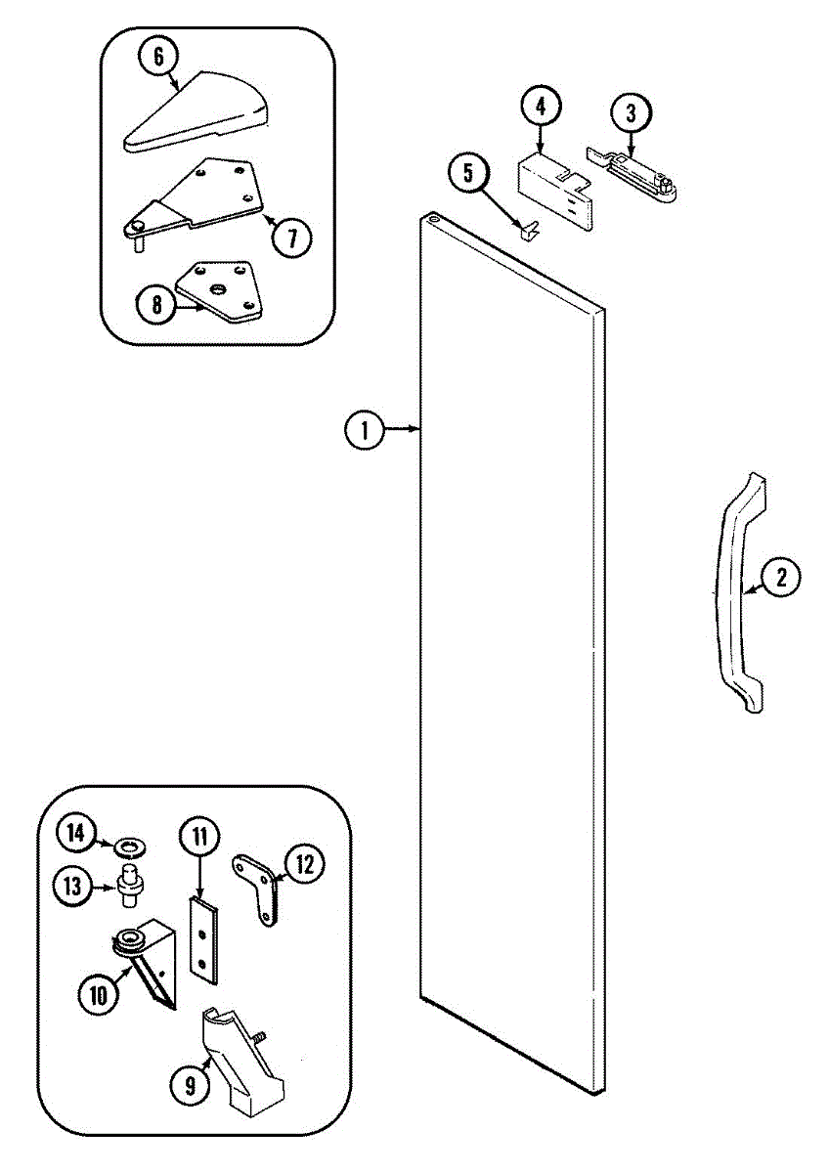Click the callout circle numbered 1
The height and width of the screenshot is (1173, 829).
pos(364,429)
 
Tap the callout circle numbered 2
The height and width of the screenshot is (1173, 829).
pos(781,577)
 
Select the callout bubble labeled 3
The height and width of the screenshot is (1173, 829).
pos(631,112)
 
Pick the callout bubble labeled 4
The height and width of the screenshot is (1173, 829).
pos(541,104)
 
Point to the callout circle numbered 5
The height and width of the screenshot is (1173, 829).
pos(467,174)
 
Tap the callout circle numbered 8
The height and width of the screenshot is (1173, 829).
pos(155,305)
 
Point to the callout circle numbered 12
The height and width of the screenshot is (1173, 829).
pos(304,863)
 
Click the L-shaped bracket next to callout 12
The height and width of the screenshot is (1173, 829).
pos(259,883)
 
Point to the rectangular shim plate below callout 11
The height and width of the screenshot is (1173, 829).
pos(203,937)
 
